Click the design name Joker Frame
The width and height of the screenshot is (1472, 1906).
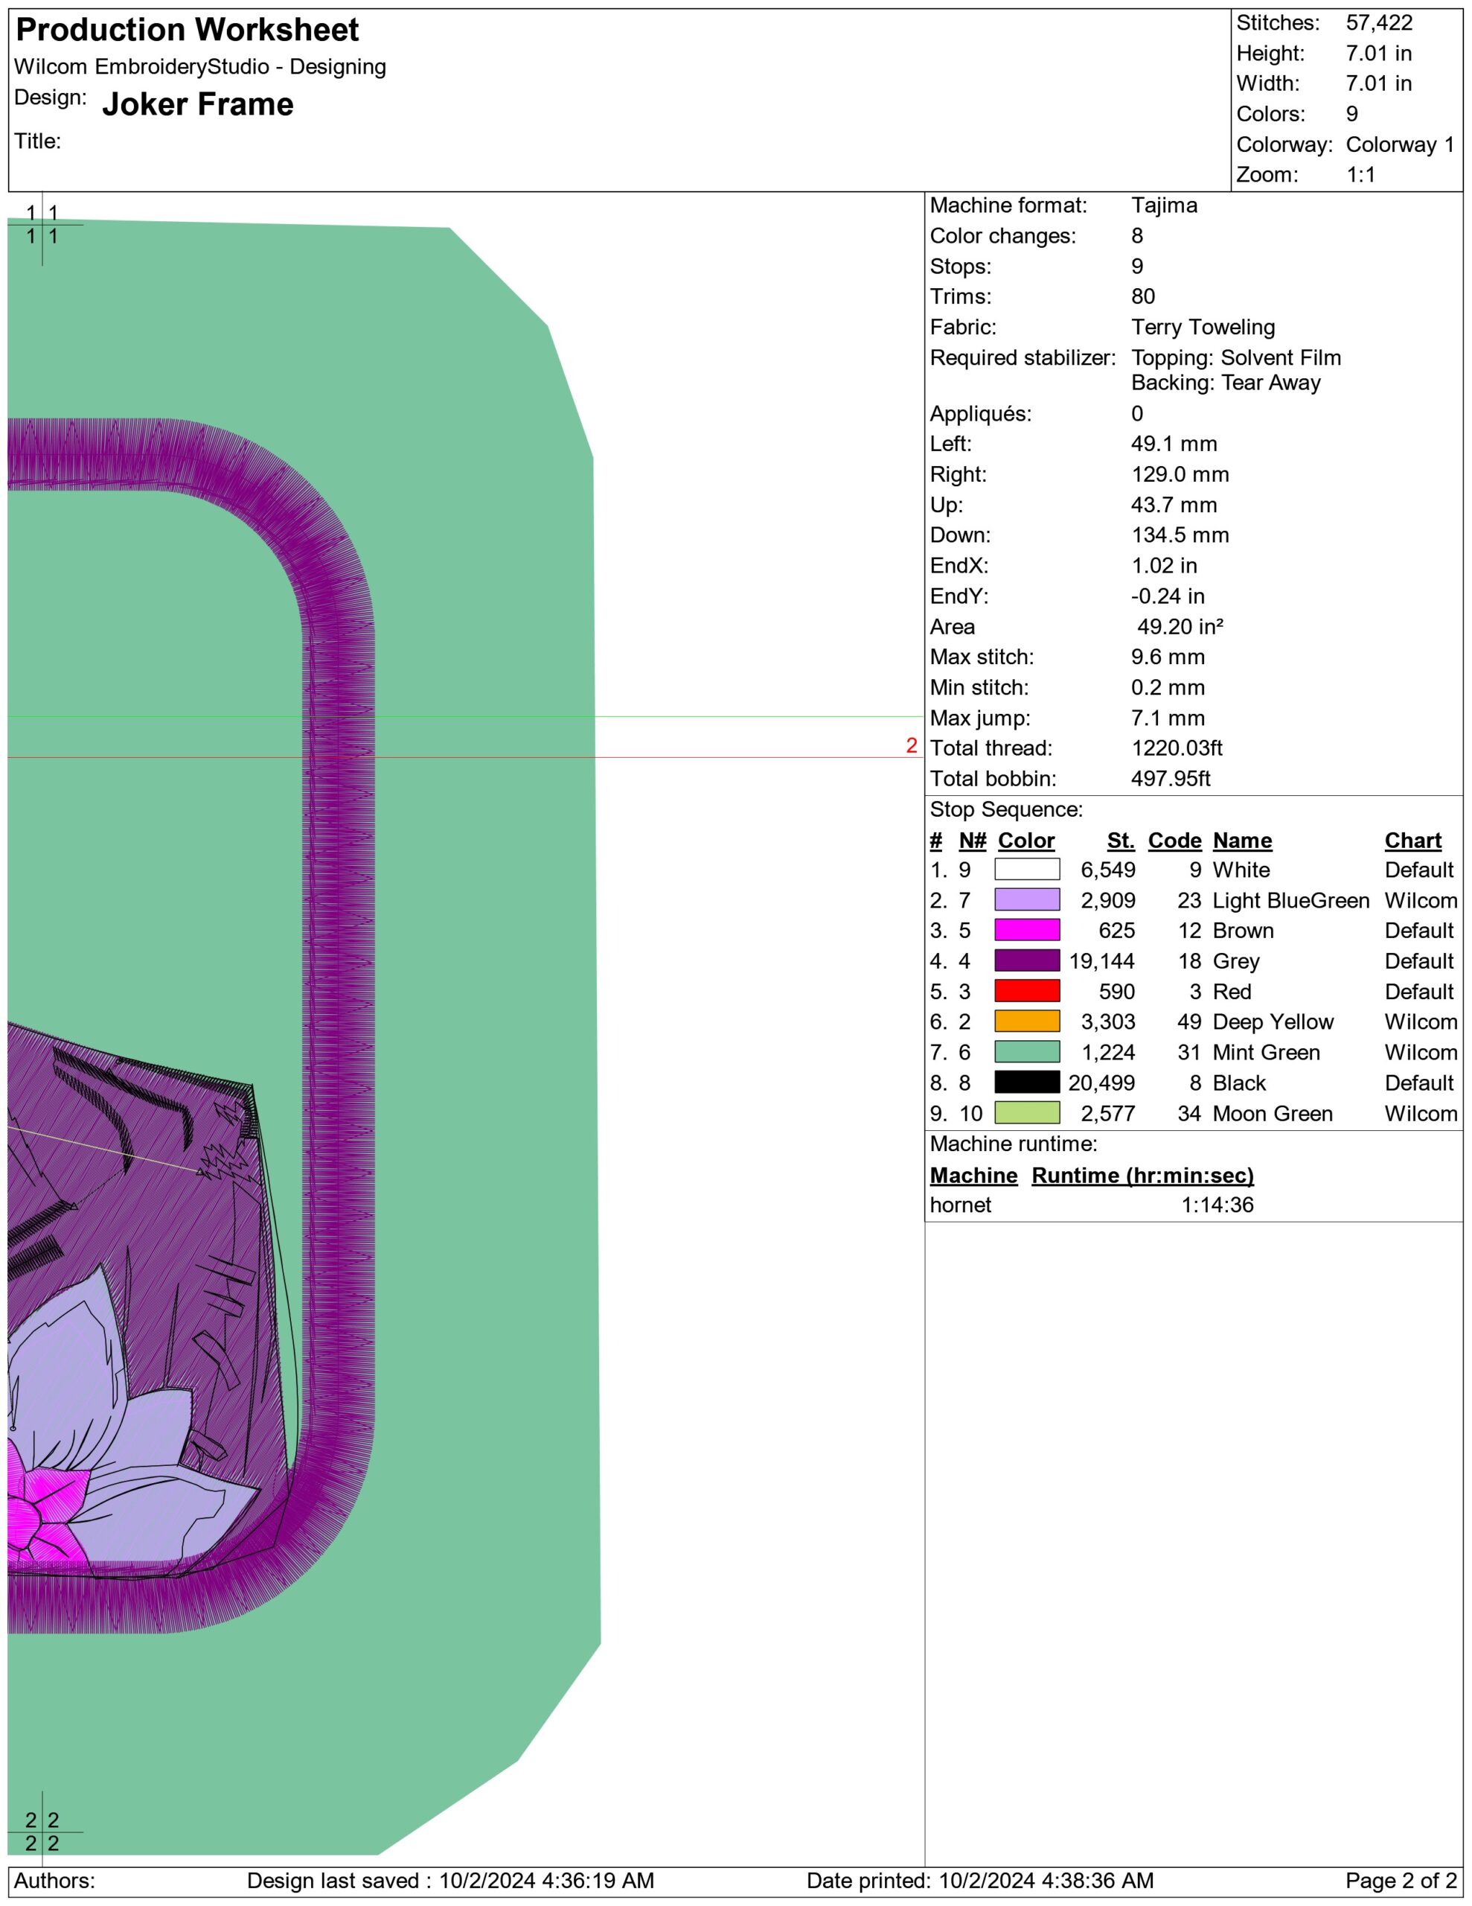pos(198,105)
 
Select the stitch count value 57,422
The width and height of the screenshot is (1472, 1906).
pos(1379,22)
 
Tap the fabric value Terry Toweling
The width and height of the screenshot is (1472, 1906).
pos(1203,328)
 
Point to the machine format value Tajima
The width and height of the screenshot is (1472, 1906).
pos(1164,206)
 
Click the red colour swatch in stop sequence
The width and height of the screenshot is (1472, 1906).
pos(1027,992)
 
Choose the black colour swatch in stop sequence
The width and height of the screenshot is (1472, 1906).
pos(1027,1083)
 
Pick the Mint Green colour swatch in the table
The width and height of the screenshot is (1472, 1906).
pos(1027,1053)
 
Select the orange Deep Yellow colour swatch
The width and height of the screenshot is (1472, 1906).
pos(1027,1022)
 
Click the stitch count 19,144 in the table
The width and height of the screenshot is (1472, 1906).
pos(1102,962)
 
